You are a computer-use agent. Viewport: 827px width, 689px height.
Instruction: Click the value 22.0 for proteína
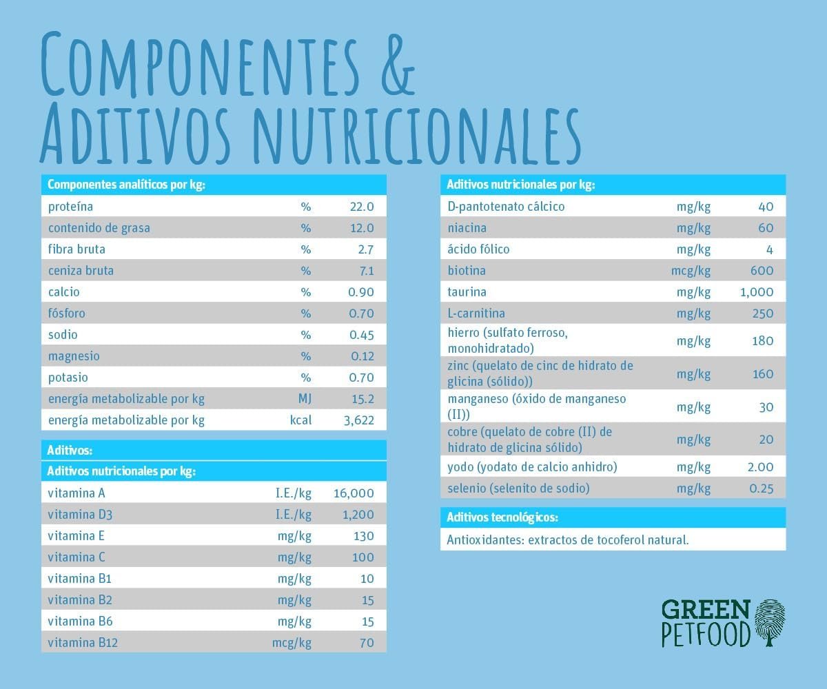click(x=361, y=207)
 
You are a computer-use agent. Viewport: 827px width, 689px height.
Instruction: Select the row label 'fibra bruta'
click(x=76, y=249)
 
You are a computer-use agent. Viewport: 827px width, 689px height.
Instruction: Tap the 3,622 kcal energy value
click(x=358, y=420)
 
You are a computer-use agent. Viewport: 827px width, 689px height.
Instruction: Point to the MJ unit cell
click(x=304, y=399)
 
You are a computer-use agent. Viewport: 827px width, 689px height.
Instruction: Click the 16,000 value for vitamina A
click(x=353, y=493)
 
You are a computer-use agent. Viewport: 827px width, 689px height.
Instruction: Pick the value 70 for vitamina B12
click(x=367, y=643)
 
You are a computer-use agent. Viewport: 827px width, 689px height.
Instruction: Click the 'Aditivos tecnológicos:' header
click(x=502, y=517)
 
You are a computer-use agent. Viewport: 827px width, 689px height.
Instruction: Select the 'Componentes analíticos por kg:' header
click(x=126, y=185)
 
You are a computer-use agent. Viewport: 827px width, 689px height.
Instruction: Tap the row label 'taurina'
click(x=467, y=292)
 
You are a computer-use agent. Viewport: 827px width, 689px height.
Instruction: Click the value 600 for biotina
click(x=762, y=271)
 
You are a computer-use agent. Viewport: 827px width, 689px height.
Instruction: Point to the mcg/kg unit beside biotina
click(x=691, y=271)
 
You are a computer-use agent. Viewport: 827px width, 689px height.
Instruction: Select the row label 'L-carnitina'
click(x=476, y=313)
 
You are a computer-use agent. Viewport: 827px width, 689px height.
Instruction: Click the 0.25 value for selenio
click(x=761, y=489)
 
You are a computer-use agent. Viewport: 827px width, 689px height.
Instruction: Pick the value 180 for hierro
click(x=762, y=341)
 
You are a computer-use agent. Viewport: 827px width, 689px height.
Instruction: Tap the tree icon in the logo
click(x=770, y=622)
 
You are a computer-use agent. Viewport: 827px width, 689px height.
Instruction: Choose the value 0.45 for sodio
click(x=361, y=335)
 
